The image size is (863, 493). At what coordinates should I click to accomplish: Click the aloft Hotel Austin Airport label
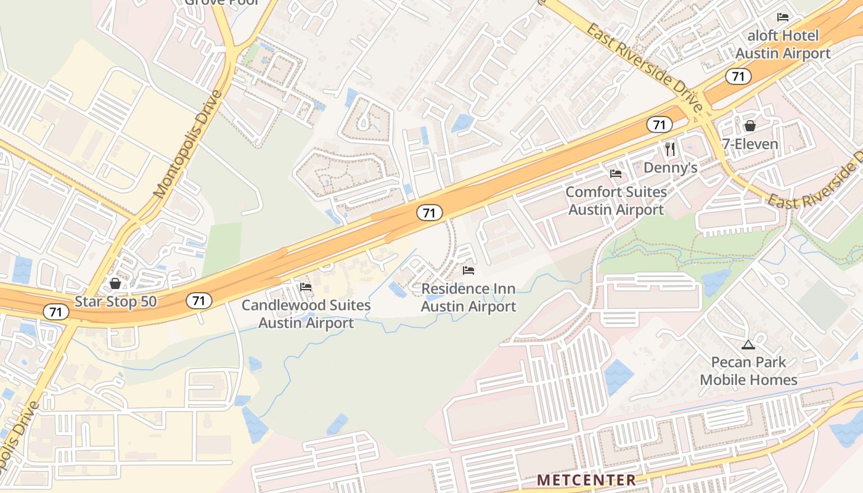click(783, 44)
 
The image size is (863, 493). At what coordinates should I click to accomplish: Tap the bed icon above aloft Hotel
click(783, 17)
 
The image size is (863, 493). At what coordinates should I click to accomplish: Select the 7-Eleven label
click(750, 145)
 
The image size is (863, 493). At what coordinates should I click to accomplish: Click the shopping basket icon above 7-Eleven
click(750, 126)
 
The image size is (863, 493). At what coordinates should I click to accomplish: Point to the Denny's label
click(670, 168)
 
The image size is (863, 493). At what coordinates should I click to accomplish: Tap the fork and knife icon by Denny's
click(670, 149)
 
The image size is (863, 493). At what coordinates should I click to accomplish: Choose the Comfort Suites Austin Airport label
click(616, 201)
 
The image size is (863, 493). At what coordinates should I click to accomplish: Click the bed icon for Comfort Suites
click(616, 174)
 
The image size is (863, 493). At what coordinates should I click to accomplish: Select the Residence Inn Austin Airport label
click(468, 298)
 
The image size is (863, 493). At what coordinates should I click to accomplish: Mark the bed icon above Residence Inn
click(468, 271)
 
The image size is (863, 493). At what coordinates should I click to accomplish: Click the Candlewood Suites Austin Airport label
click(306, 314)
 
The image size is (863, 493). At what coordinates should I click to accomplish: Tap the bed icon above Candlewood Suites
click(306, 287)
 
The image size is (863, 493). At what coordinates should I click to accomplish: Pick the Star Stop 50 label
click(116, 302)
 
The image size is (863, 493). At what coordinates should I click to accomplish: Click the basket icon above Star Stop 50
click(115, 283)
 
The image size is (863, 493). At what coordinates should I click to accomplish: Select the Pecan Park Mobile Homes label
click(748, 371)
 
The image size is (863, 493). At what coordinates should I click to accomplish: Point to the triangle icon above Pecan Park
click(748, 344)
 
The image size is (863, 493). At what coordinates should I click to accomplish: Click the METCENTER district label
click(586, 479)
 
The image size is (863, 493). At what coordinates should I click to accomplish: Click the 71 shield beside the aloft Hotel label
click(737, 76)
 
